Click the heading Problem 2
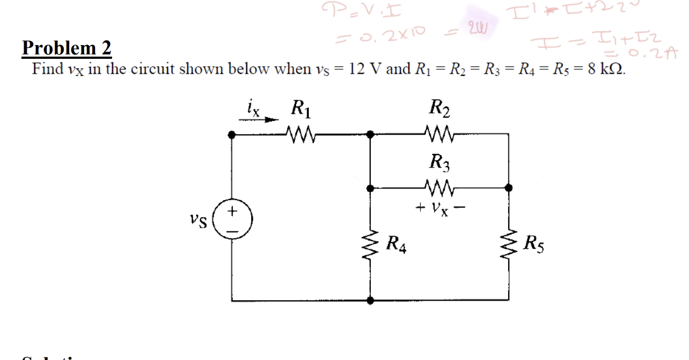[66, 48]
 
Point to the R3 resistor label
[440, 163]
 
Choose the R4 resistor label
[397, 242]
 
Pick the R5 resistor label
[535, 242]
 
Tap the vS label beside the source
[199, 223]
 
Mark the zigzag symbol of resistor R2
[440, 133]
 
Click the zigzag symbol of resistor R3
[440, 188]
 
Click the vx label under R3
[440, 210]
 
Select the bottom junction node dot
[371, 301]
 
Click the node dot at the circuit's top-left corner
[232, 134]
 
